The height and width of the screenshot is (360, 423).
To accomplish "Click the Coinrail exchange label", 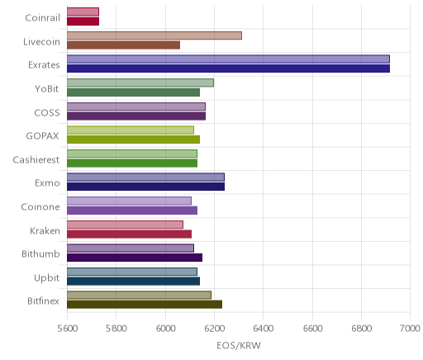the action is click(42, 18).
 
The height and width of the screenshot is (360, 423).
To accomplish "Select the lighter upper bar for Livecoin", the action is click(154, 36).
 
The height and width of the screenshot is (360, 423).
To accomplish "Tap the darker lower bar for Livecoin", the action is click(123, 45).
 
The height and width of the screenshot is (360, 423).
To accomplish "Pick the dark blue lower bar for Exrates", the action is click(228, 69).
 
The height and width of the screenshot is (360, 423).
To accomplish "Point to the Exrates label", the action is click(44, 65).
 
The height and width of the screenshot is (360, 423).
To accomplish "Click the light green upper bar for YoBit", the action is click(140, 83).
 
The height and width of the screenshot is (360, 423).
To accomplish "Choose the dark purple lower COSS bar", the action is click(136, 116).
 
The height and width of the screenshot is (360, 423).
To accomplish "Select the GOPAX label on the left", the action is click(42, 136).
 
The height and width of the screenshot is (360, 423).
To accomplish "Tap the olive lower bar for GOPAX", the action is click(133, 140).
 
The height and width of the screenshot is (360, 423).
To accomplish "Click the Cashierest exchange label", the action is click(36, 160).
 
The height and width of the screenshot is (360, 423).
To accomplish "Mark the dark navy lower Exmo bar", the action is click(145, 187).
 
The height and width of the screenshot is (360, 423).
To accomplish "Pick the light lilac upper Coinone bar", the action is click(129, 201).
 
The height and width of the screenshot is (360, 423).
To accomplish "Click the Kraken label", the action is click(45, 230).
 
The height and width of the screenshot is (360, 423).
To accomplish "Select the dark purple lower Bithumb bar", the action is click(135, 258).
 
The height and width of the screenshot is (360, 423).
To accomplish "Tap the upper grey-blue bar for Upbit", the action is click(132, 272).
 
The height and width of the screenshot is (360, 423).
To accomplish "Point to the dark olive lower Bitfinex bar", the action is click(145, 305).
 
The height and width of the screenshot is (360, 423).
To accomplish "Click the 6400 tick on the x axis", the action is click(264, 329).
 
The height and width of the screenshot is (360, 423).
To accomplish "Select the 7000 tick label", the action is click(410, 329).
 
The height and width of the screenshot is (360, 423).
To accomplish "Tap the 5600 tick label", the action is click(68, 329).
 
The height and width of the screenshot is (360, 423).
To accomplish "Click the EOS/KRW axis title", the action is click(239, 345).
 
